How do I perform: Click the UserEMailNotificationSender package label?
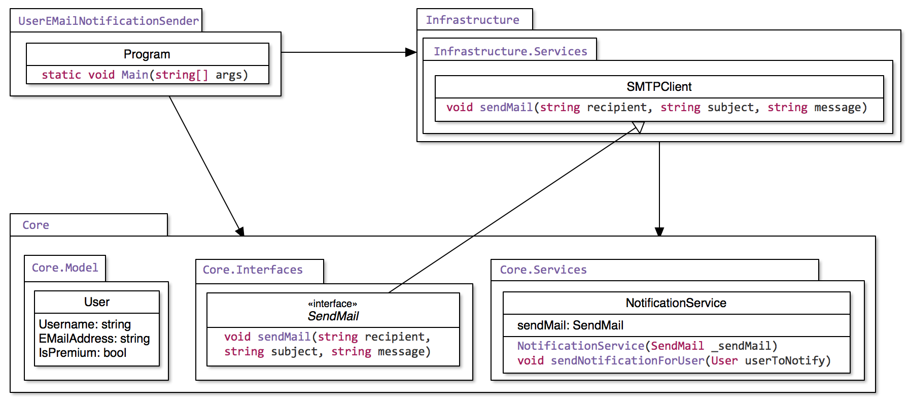pos(108,21)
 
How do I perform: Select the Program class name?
pos(147,54)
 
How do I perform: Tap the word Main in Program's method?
pos(134,75)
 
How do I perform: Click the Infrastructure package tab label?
pos(472,20)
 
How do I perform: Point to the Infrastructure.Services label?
pos(510,51)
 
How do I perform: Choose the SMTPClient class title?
pos(658,87)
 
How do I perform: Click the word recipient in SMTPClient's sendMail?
pos(616,108)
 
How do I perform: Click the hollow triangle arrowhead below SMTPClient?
pos(638,126)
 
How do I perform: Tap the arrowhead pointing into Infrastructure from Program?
pos(411,52)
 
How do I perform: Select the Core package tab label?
pos(36,225)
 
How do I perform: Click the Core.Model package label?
pos(65,268)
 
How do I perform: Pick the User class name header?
pos(96,302)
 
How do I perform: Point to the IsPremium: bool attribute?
pos(82,353)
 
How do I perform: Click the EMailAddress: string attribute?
pos(94,339)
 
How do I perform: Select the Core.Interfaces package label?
pos(252,270)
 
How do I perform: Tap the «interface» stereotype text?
pos(332,304)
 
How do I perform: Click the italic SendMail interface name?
pos(333,316)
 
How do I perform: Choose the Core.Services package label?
pos(543,270)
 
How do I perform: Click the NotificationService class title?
pos(676,303)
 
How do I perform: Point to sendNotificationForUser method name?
pos(627,360)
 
